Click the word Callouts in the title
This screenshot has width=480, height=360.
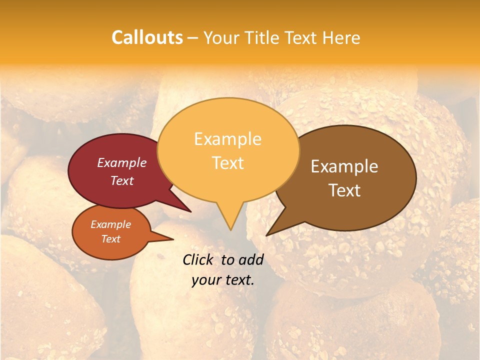[x=147, y=37]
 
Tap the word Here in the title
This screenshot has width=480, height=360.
[x=341, y=37]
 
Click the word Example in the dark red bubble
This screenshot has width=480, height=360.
[x=121, y=162]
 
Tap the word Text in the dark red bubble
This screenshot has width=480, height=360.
[x=121, y=180]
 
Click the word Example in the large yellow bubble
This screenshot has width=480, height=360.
[x=227, y=139]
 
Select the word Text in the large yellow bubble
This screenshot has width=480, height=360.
[x=227, y=162]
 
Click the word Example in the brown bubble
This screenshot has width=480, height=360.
[x=344, y=166]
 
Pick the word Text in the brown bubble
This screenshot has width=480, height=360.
[x=344, y=190]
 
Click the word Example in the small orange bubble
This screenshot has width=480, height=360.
[x=110, y=224]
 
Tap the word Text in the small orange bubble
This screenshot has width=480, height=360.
[x=110, y=239]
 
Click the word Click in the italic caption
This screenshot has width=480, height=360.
[x=198, y=259]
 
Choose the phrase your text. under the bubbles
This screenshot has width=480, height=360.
[x=222, y=280]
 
